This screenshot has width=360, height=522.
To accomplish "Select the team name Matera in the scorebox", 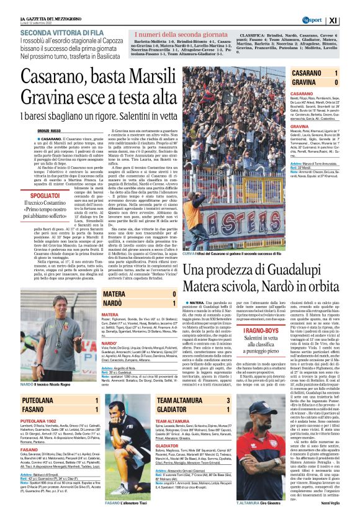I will [x=114, y=294].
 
